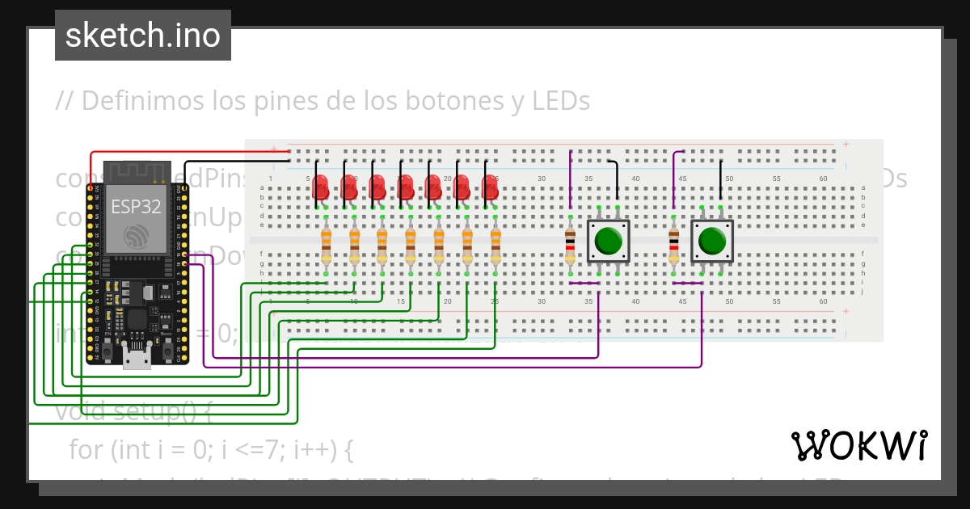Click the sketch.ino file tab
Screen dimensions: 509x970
point(143,36)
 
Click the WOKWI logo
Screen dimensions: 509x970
point(858,445)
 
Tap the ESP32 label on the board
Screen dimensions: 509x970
point(136,206)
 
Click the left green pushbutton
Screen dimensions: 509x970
point(608,241)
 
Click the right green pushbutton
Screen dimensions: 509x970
point(712,241)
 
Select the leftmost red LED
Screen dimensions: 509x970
point(321,187)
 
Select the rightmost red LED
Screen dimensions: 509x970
point(490,187)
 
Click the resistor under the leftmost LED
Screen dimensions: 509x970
point(326,245)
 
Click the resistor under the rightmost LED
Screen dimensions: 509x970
point(496,245)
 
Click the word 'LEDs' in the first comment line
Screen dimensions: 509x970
point(561,101)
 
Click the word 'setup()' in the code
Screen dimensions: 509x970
point(170,411)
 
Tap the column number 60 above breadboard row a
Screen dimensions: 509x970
point(823,179)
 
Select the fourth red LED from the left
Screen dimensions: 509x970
point(405,187)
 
